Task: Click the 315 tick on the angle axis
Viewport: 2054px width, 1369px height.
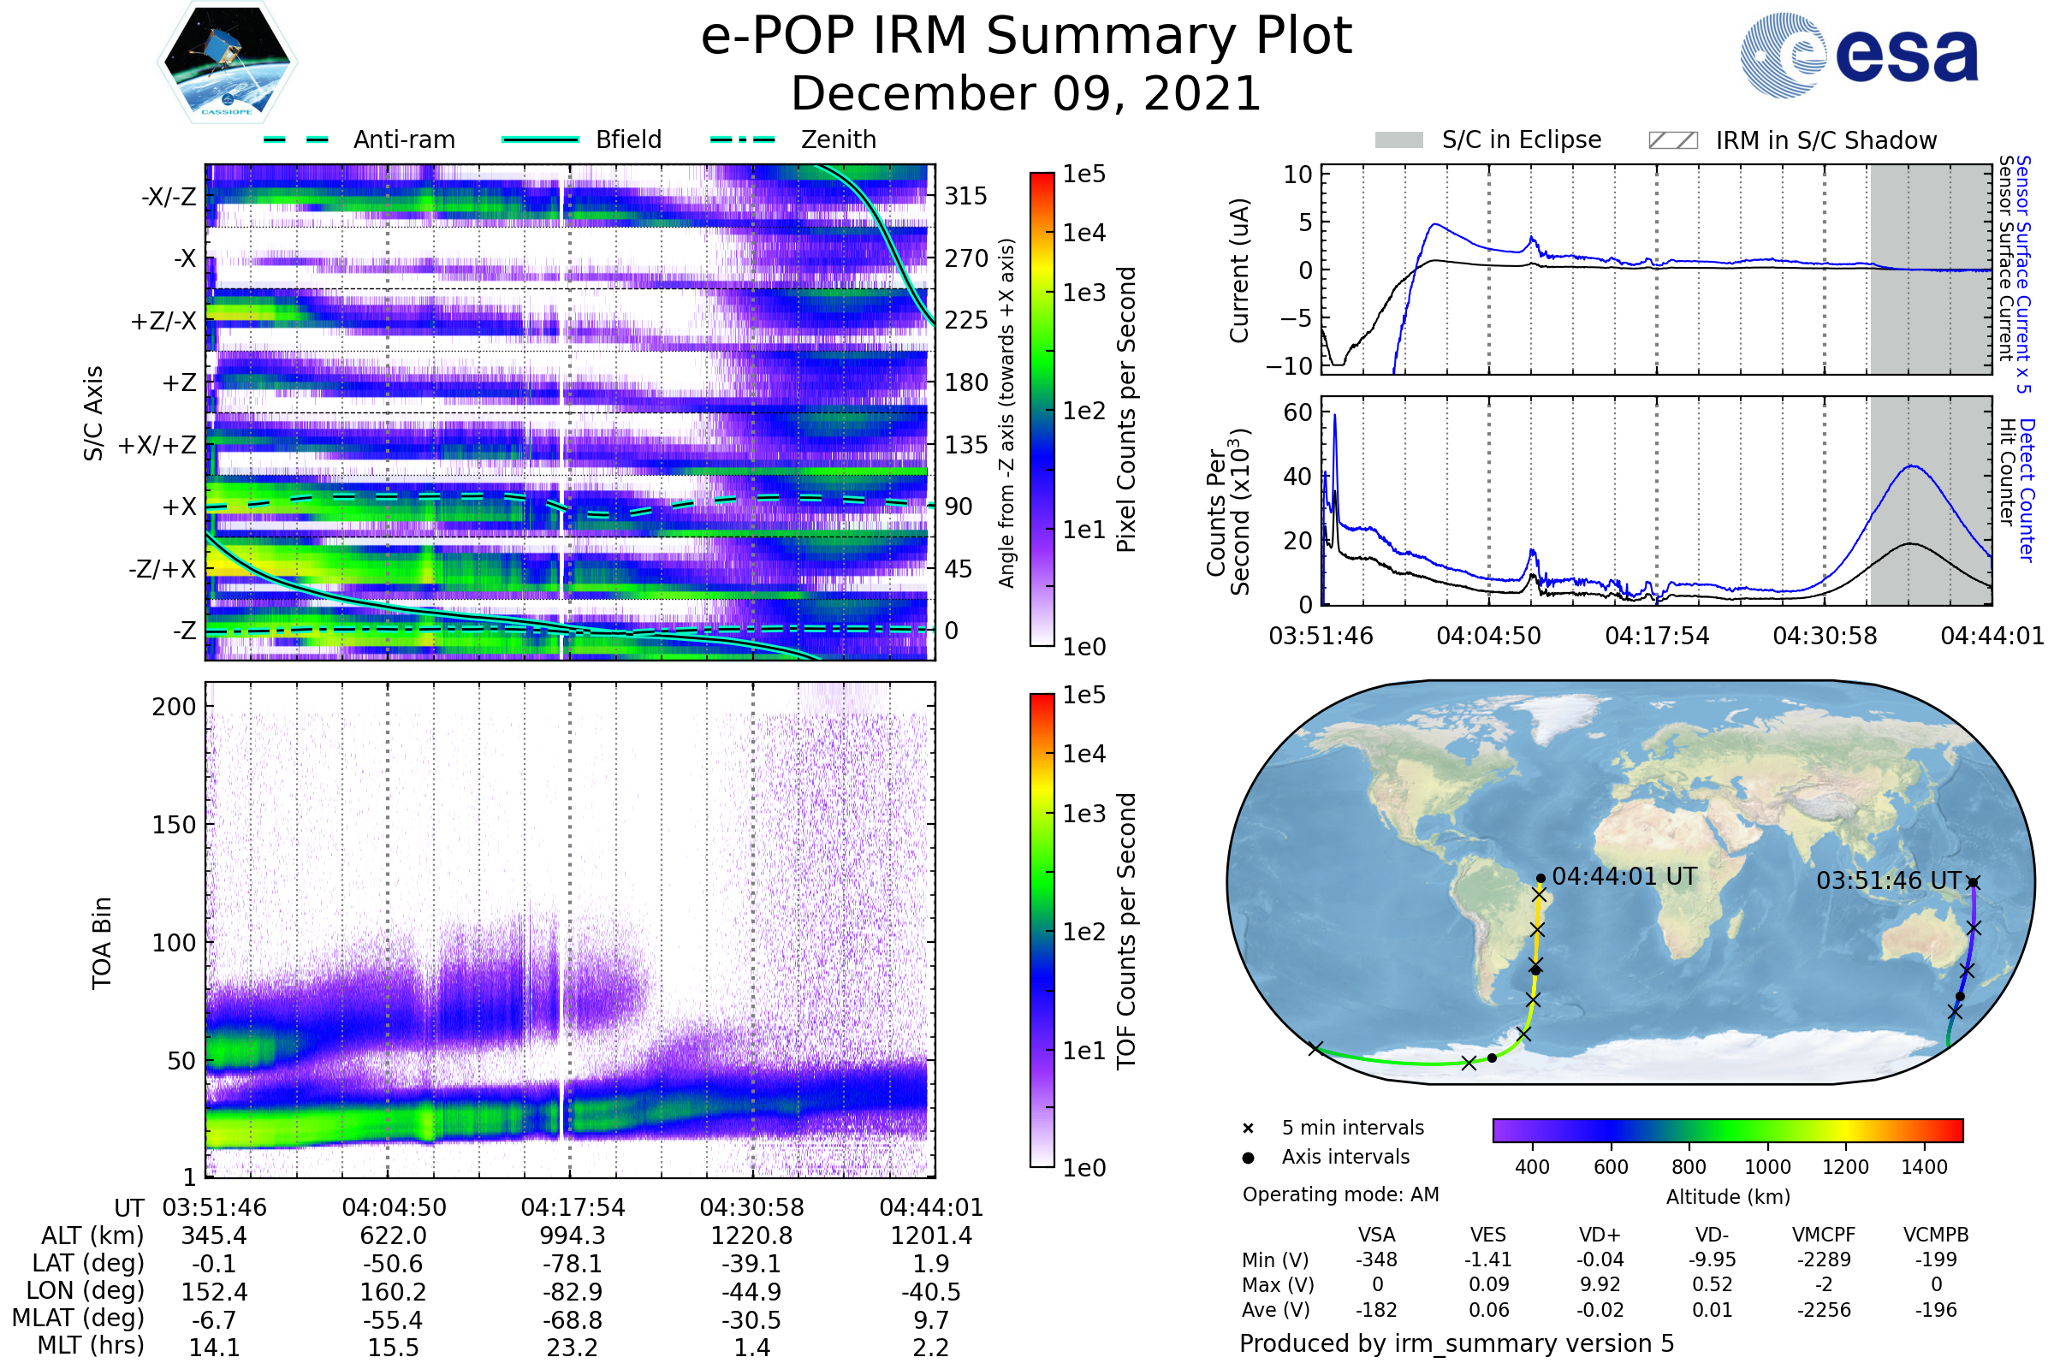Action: (965, 196)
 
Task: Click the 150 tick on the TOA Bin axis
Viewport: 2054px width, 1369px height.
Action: (174, 825)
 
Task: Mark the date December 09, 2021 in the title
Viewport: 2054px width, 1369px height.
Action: (1026, 94)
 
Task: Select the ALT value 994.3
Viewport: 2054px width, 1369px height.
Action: (572, 1236)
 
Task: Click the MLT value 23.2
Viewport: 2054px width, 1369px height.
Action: (572, 1347)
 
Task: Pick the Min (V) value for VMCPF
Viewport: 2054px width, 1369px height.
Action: (1824, 1259)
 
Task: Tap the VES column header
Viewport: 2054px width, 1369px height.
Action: (1488, 1235)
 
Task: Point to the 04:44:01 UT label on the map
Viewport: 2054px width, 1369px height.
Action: (1624, 876)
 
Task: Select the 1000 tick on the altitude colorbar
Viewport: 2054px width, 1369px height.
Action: (1766, 1167)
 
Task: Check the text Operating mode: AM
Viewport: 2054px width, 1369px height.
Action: (1340, 1194)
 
